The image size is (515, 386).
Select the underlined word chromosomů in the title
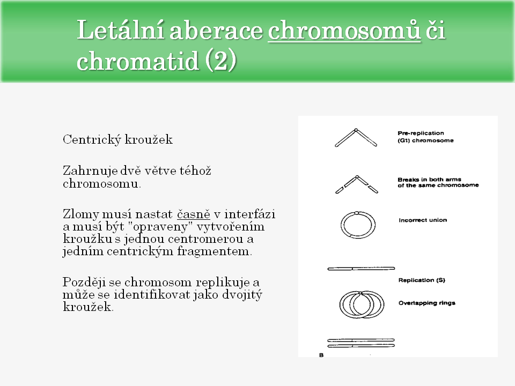(x=343, y=31)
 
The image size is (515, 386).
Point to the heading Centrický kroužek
(x=117, y=140)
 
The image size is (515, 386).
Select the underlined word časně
(x=193, y=214)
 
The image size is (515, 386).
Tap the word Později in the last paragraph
(x=84, y=282)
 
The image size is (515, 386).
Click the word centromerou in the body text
(x=213, y=239)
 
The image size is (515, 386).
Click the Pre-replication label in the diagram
(x=421, y=133)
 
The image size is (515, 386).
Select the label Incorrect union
(x=423, y=220)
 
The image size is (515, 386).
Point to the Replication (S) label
(x=422, y=280)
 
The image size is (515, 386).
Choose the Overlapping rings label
(x=426, y=303)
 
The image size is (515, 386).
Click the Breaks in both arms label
(x=429, y=180)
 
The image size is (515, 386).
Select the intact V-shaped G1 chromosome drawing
(x=356, y=137)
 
